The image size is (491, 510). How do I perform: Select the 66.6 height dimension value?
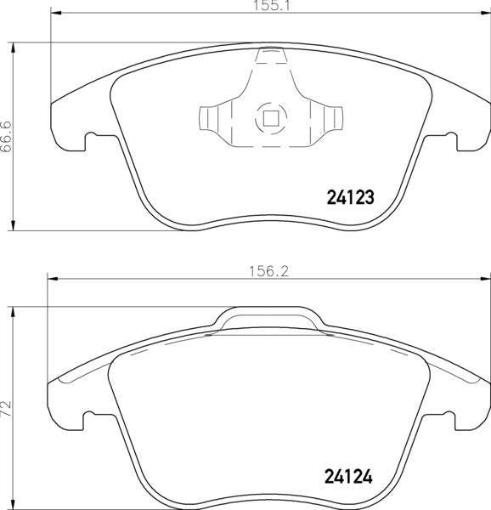[7, 135]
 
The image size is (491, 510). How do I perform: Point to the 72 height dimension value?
[7, 406]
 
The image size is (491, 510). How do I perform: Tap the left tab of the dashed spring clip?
[207, 118]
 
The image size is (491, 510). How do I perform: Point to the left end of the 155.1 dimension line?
[52, 14]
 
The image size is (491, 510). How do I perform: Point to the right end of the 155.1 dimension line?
[489, 14]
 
